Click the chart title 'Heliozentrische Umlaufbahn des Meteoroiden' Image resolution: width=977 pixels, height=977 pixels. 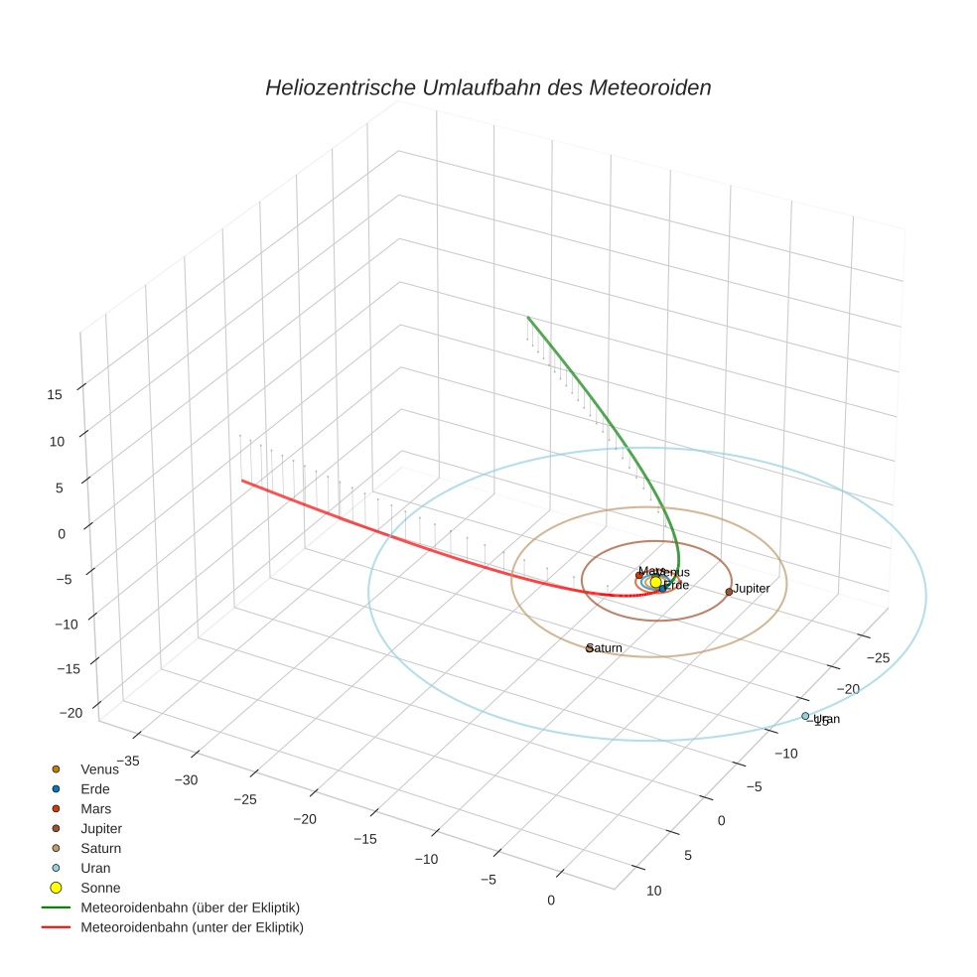(488, 87)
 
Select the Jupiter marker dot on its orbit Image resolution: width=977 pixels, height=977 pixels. (729, 592)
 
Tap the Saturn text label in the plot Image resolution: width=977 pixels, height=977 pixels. (605, 648)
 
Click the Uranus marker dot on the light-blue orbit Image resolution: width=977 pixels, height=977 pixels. (805, 716)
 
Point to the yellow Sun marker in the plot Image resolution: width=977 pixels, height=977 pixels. (655, 582)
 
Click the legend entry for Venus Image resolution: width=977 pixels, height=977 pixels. (98, 768)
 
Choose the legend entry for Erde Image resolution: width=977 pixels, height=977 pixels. (94, 788)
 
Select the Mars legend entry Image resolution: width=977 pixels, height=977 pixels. (95, 808)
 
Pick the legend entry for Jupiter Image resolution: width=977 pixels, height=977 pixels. (100, 828)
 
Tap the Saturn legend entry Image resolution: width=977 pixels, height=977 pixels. (100, 848)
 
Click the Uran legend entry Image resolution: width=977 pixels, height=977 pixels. (95, 868)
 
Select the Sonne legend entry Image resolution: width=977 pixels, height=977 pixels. (99, 888)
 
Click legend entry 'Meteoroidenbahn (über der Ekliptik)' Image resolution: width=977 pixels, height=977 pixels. (190, 907)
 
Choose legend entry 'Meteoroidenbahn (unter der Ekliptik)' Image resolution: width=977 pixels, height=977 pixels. (192, 927)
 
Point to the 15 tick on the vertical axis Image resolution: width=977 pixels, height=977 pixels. (54, 394)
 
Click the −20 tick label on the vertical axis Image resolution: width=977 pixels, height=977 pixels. (70, 713)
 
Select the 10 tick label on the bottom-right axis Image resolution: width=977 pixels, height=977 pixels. (653, 891)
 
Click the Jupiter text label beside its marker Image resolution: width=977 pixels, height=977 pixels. (752, 589)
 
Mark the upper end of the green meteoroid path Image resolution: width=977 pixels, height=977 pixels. (528, 318)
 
